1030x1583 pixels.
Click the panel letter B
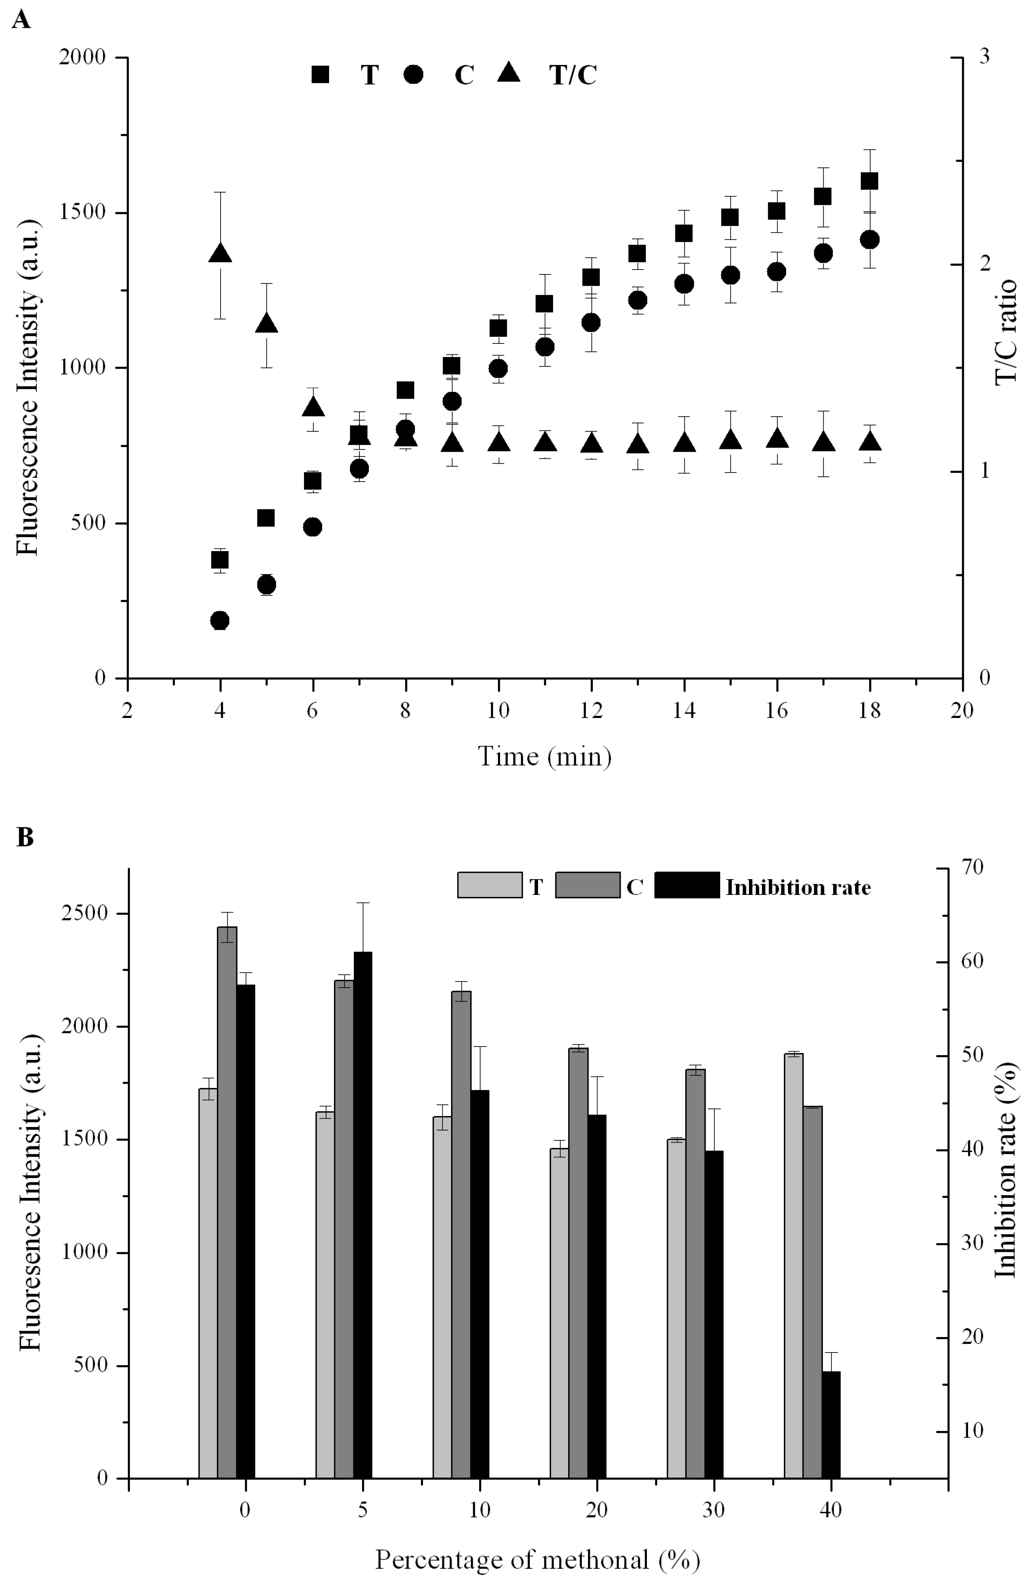25,837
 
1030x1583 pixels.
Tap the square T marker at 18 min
869,181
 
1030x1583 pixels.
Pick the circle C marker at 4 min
220,620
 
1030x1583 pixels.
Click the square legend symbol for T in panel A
320,74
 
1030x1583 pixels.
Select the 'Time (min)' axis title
544,756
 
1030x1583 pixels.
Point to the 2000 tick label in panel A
82,57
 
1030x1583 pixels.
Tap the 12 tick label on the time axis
591,710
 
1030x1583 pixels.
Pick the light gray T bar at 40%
793,1267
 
